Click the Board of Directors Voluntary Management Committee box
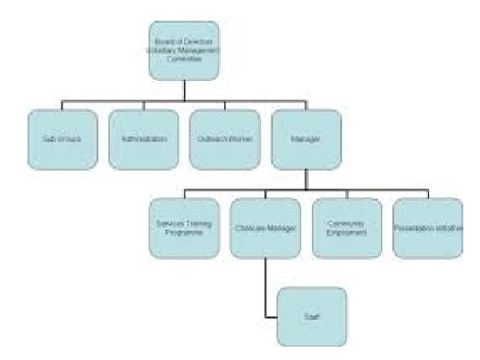pos(183,50)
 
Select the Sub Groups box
pos(62,139)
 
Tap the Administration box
pos(143,139)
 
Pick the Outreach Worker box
pos(224,139)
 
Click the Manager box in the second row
pos(306,139)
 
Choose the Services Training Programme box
pos(185,228)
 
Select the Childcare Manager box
pos(265,228)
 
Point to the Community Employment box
pos(347,228)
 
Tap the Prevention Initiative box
pos(428,228)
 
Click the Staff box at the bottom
pos(311,317)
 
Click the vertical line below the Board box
pos(183,90)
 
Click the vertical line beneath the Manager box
pos(306,179)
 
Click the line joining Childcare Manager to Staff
pos(266,288)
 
